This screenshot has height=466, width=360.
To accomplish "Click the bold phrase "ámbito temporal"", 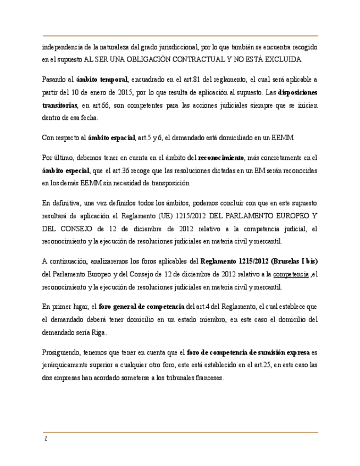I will pos(102,80).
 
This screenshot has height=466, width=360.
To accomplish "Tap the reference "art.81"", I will pos(195,80).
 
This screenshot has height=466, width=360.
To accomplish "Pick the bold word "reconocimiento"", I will pos(221,158).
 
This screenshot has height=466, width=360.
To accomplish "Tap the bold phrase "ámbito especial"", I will pos(65,170).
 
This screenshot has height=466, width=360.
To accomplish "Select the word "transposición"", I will pos(170,183).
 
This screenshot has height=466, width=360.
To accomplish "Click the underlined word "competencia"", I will pos(291,274).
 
